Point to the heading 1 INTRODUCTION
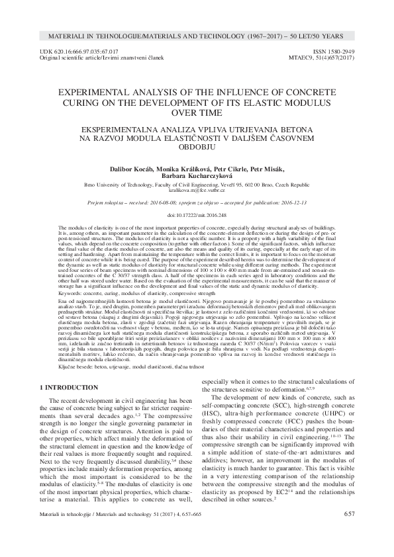71,386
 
